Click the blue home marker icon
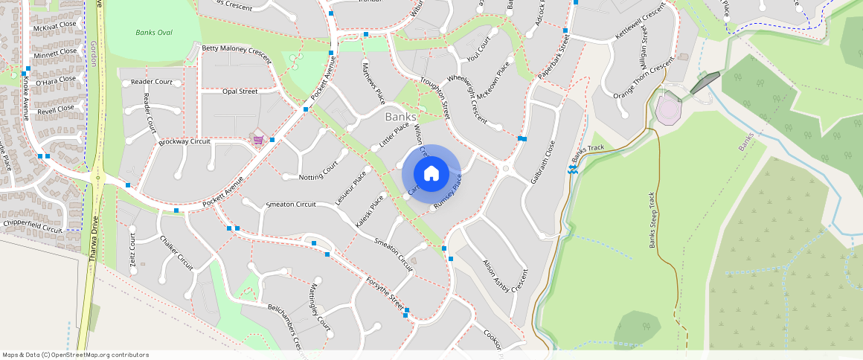[x=431, y=174]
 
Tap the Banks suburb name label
[x=401, y=117]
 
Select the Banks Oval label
[x=153, y=33]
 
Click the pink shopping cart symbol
[x=258, y=140]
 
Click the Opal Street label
[x=240, y=91]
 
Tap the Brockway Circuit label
[x=185, y=141]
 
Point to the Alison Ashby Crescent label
[x=505, y=277]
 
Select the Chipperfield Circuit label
[x=33, y=225]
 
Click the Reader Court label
[x=151, y=82]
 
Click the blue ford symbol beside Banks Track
[x=573, y=169]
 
